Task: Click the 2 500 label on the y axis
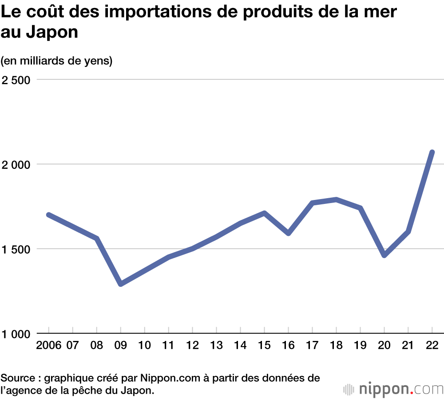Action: pyautogui.click(x=16, y=80)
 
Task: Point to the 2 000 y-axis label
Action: pyautogui.click(x=16, y=164)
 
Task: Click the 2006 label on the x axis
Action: pyautogui.click(x=48, y=345)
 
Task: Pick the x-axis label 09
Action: pyautogui.click(x=121, y=345)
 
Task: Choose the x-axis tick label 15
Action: pyautogui.click(x=264, y=345)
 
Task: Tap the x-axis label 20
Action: pyautogui.click(x=385, y=345)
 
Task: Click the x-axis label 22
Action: pyautogui.click(x=432, y=345)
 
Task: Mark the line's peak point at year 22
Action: pyautogui.click(x=432, y=153)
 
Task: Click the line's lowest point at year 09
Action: pyautogui.click(x=121, y=284)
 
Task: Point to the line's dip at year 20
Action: pyautogui.click(x=385, y=255)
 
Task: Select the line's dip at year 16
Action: pyautogui.click(x=288, y=233)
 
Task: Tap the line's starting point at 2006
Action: pyautogui.click(x=48, y=215)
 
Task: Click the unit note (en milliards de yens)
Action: pyautogui.click(x=56, y=61)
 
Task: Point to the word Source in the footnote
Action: pyautogui.click(x=19, y=378)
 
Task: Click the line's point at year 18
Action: pyautogui.click(x=337, y=199)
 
